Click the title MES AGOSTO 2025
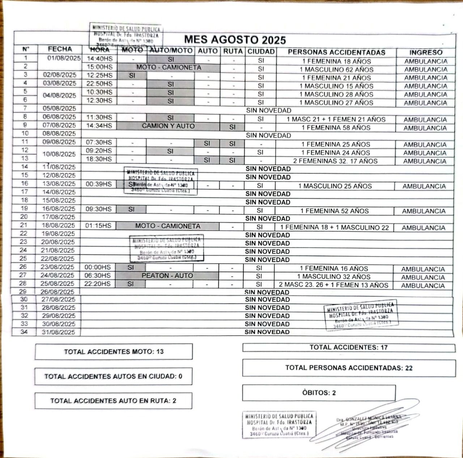point(235,40)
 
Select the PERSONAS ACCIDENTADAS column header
point(336,52)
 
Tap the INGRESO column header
point(426,52)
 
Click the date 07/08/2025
point(60,126)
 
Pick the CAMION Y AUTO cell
point(168,126)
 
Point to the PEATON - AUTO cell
point(167,276)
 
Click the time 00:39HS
point(99,184)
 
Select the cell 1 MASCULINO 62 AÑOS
point(336,69)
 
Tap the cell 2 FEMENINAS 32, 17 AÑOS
point(335,161)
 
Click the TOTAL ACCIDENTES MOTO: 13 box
point(114,352)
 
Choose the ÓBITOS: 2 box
point(319,393)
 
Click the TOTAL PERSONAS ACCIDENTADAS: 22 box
point(349,368)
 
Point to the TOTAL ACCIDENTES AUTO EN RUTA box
point(113,401)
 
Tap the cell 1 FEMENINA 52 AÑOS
point(334,211)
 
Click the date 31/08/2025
point(58,332)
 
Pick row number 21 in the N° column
point(24,225)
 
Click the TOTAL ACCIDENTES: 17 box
point(349,348)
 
